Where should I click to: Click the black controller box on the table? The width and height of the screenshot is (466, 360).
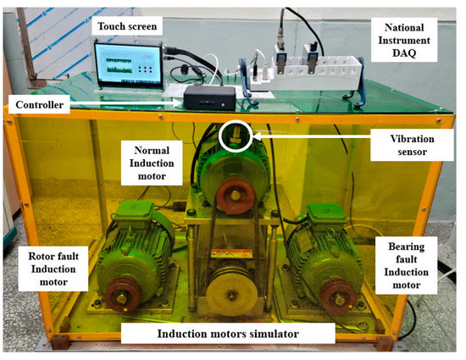pyautogui.click(x=206, y=97)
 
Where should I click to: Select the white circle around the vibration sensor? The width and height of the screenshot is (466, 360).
pyautogui.click(x=235, y=137)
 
